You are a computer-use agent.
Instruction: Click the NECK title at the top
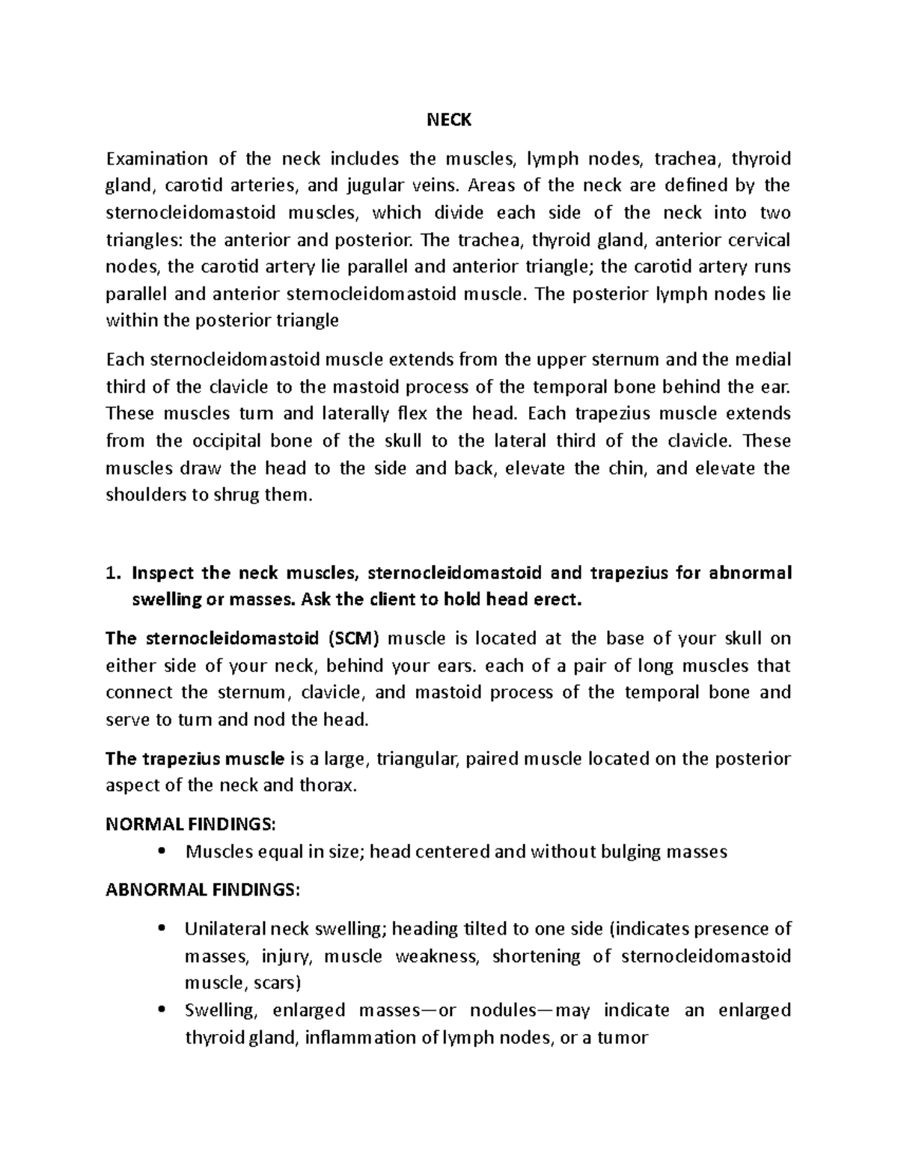(x=449, y=119)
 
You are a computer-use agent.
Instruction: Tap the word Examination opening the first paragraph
(x=157, y=159)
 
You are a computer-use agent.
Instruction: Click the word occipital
(x=224, y=441)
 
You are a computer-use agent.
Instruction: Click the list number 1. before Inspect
(x=112, y=573)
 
